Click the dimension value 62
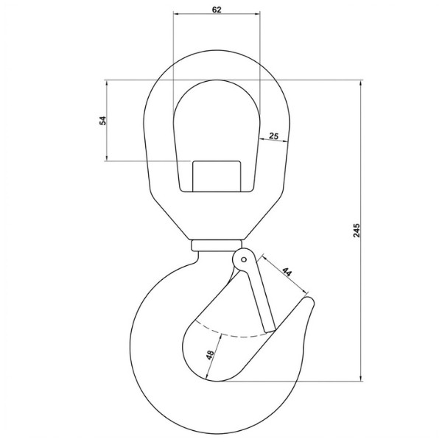pos(217,10)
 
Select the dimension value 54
pos(103,121)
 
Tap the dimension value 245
pos(357,231)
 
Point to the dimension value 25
pos(273,136)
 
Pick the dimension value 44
pos(287,272)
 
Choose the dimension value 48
pos(210,355)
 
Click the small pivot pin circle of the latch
pos(244,259)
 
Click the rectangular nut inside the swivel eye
pos(217,177)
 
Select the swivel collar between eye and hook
pos(217,245)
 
